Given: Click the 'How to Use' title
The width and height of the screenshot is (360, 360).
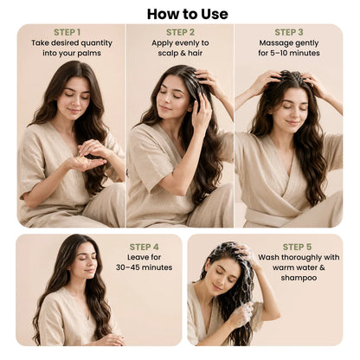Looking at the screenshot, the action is coord(188,14).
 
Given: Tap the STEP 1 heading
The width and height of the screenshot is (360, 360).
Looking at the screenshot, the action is coord(67,32).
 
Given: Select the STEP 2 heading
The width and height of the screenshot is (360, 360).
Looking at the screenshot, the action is coord(180,32).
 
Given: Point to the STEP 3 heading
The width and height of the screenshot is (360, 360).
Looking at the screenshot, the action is coord(289,32).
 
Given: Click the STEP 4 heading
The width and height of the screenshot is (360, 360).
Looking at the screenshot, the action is coord(144,247).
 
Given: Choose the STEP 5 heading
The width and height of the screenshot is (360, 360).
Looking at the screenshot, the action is coord(297,247).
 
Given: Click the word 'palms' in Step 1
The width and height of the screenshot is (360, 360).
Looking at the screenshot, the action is coord(90,54).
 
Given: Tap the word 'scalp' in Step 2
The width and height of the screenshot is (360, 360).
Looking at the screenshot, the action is coord(168,54).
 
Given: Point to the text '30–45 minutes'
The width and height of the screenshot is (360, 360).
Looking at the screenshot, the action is coord(144,267).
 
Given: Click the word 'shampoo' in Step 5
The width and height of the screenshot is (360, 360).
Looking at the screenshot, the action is coord(299,278).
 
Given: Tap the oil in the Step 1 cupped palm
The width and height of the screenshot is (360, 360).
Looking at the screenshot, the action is coord(80,158).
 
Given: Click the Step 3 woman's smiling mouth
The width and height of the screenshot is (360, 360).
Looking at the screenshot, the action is coord(292,123).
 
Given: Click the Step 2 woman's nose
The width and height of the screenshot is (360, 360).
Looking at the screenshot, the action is coord(165,100).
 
